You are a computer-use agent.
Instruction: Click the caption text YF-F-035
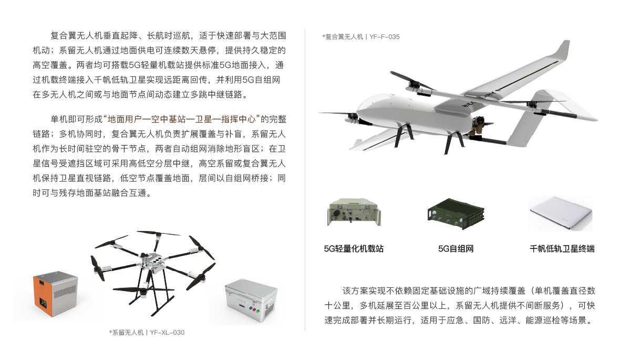[x=384, y=37]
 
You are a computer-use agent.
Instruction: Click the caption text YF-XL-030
[x=167, y=333]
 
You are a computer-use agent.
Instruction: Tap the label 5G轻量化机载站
[x=354, y=249]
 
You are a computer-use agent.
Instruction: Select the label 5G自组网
[x=456, y=249]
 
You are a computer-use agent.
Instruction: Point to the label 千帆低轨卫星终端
[x=562, y=249]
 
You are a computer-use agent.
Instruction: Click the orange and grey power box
[x=56, y=294]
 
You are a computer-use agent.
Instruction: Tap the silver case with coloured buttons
[x=251, y=300]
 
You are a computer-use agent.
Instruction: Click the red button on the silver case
[x=254, y=310]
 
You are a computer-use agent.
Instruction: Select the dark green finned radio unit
[x=456, y=214]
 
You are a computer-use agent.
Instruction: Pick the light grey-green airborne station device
[x=354, y=212]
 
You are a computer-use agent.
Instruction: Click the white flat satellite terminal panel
[x=561, y=213]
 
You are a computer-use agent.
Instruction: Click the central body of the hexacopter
[x=152, y=261]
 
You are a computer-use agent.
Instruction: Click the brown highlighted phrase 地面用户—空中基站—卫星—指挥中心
[x=182, y=119]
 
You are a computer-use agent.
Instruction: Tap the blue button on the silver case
[x=250, y=309]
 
